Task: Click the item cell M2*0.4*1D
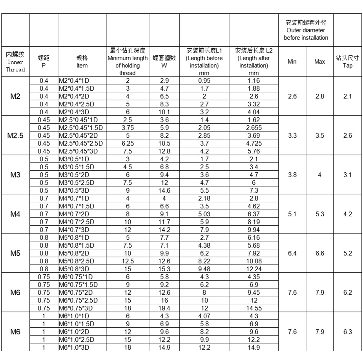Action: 76,80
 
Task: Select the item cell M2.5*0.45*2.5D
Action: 81,143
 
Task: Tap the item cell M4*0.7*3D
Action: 77,229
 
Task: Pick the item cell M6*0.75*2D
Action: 78,292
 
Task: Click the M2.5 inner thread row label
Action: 15,135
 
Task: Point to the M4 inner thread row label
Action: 15,213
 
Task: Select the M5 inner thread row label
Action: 15,253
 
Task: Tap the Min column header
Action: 292,62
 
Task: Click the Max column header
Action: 319,62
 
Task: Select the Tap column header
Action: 347,62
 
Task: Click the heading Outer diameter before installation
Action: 306,30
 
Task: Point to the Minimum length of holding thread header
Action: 128,62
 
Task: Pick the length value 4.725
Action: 254,143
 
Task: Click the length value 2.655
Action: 254,128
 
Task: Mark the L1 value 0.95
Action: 204,80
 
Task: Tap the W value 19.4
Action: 164,308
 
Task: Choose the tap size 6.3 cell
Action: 347,331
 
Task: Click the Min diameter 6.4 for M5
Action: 292,253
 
